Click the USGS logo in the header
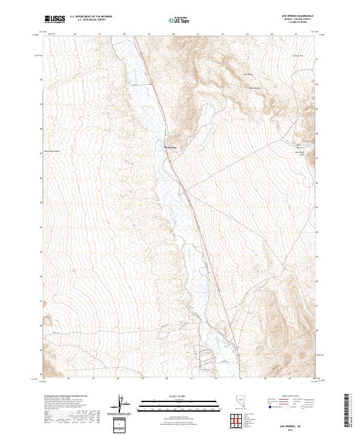tap(55, 19)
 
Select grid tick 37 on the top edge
tap(100, 34)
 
